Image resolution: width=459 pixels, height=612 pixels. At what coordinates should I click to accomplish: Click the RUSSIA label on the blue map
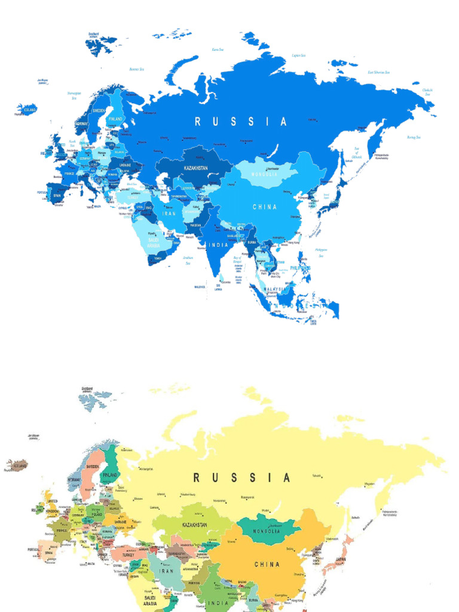(x=241, y=122)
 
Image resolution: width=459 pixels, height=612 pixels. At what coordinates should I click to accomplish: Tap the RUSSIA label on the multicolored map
(x=241, y=478)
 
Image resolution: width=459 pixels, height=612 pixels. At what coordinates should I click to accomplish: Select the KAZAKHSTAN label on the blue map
(x=195, y=169)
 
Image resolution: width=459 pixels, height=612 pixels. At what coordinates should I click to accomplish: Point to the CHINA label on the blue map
(x=265, y=207)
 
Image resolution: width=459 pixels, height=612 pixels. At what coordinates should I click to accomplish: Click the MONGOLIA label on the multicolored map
(x=267, y=531)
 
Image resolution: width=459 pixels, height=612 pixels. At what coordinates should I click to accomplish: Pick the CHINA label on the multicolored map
(x=267, y=564)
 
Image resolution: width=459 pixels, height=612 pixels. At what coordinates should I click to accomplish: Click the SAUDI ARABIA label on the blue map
(x=154, y=243)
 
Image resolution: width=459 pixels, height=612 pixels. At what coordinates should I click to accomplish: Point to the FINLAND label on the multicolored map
(x=110, y=475)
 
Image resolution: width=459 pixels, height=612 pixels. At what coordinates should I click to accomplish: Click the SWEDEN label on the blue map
(x=99, y=111)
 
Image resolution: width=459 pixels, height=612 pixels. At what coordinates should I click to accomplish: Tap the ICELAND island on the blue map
(x=27, y=109)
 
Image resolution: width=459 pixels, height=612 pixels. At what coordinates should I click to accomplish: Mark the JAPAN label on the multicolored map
(x=340, y=560)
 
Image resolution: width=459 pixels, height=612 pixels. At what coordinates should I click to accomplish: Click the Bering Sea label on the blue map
(x=414, y=137)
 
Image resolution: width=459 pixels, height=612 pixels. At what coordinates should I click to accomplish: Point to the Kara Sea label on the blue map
(x=218, y=50)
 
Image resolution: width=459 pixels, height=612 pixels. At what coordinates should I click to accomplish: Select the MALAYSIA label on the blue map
(x=274, y=289)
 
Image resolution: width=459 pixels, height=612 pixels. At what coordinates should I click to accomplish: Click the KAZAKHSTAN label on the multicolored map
(x=195, y=525)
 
